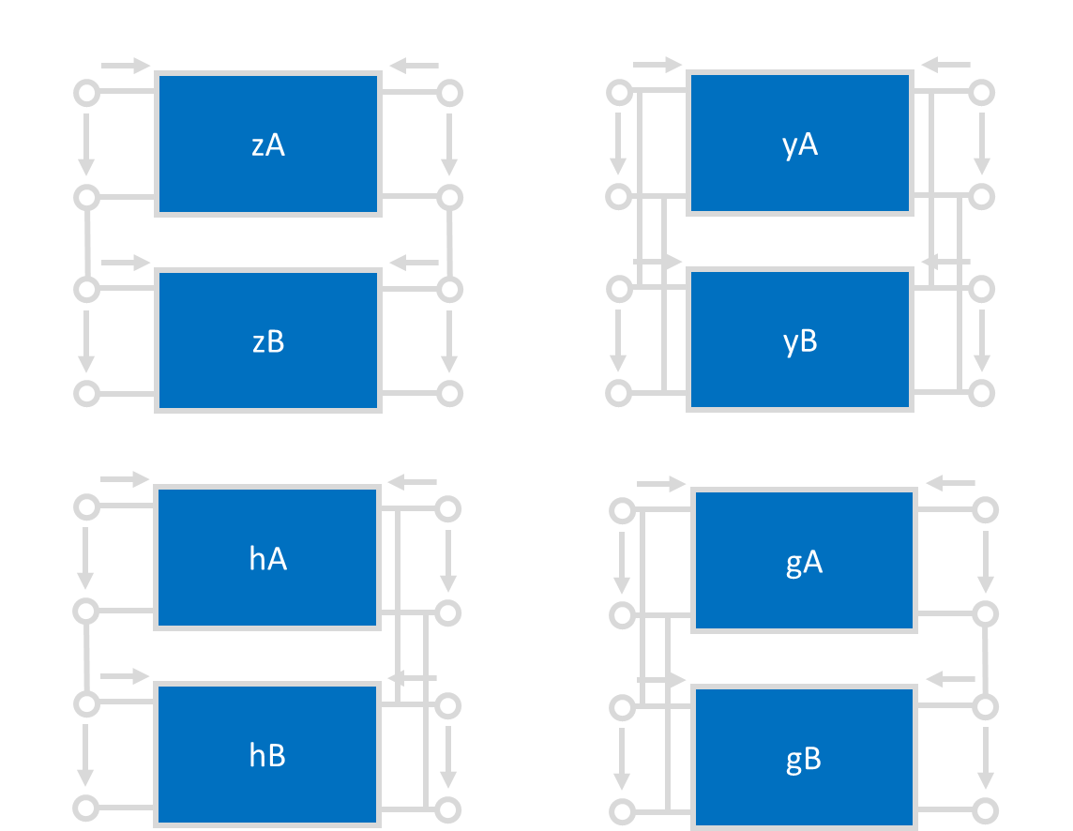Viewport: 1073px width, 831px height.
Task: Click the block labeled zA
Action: pyautogui.click(x=268, y=144)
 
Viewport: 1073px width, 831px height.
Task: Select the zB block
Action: pyautogui.click(x=268, y=341)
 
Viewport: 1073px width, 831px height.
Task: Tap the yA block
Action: pyautogui.click(x=800, y=144)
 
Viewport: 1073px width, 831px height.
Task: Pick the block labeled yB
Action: pyautogui.click(x=800, y=341)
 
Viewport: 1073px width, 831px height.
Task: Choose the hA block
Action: pyautogui.click(x=268, y=559)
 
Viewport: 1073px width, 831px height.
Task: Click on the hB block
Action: pyautogui.click(x=268, y=756)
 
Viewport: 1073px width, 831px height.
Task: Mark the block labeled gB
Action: pyautogui.click(x=804, y=758)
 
